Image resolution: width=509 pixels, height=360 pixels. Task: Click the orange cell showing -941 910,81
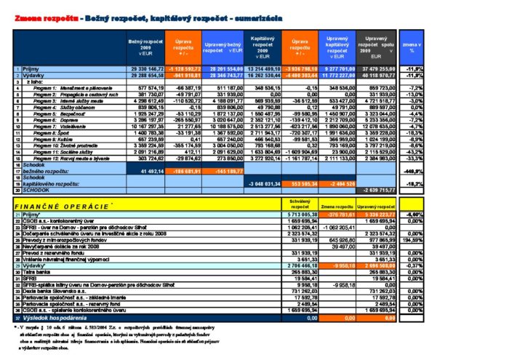pyautogui.click(x=184, y=75)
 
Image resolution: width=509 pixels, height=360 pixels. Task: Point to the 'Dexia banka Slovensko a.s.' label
pyautogui.click(x=55, y=289)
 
